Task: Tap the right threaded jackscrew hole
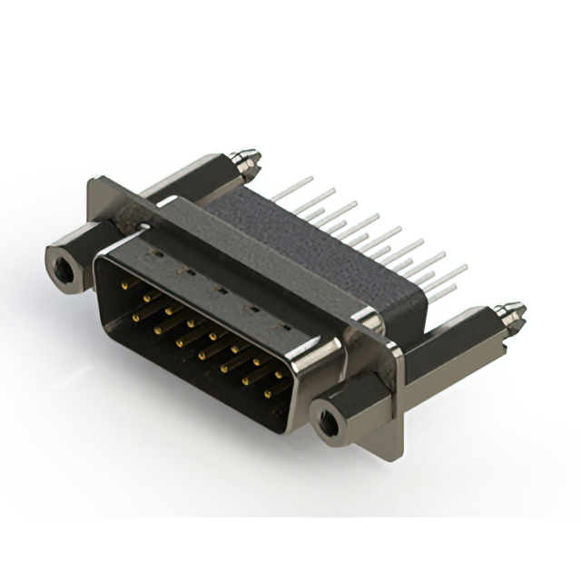(x=329, y=421)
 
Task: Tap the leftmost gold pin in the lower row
(x=136, y=318)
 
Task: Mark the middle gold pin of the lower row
(x=202, y=356)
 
